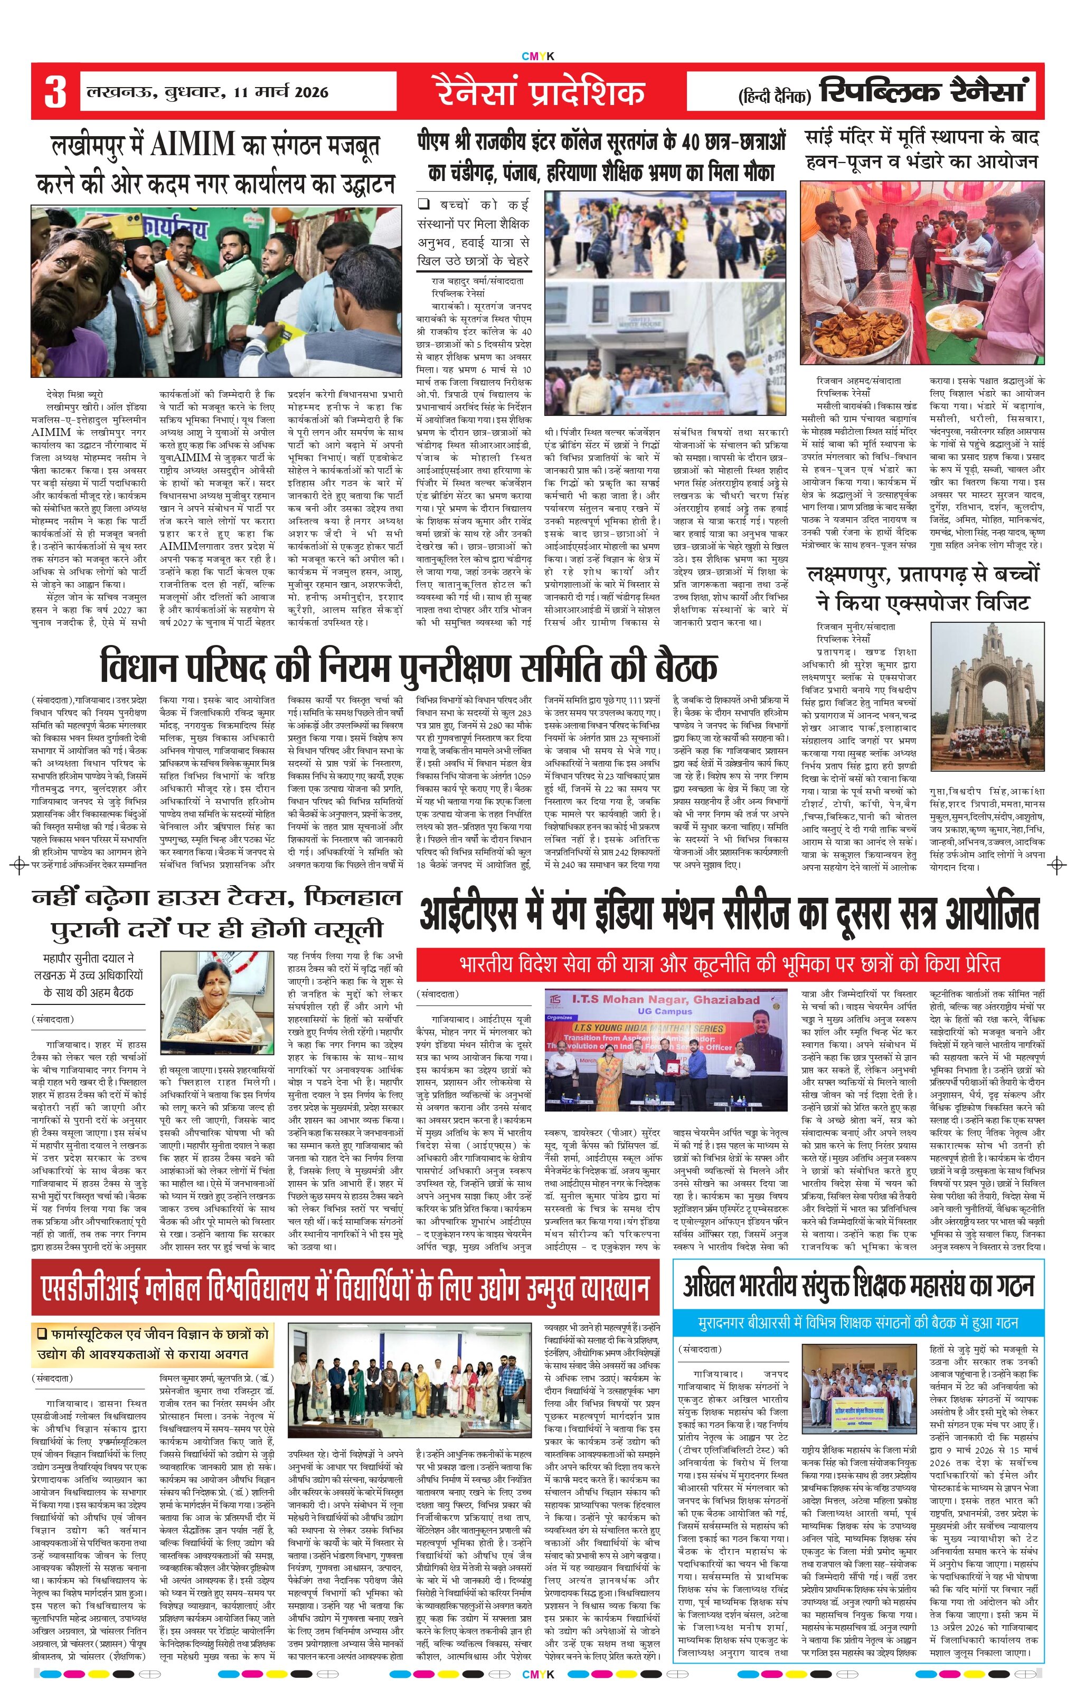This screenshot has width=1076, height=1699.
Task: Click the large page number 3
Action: (55, 92)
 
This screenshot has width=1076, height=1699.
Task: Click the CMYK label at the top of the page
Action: (537, 56)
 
